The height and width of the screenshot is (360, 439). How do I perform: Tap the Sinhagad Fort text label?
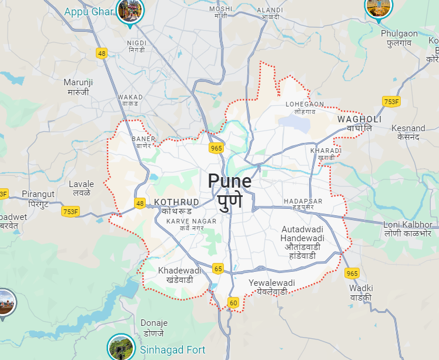(x=172, y=350)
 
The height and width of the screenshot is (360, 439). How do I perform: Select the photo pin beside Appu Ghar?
(x=129, y=10)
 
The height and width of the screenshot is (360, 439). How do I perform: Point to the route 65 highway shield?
(x=218, y=268)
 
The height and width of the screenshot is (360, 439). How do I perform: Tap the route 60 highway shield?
(x=233, y=303)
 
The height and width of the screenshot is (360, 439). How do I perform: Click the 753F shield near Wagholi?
(x=391, y=102)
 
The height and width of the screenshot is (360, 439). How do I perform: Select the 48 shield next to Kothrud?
(x=139, y=204)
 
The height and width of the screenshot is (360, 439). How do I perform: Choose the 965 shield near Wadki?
(x=352, y=273)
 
